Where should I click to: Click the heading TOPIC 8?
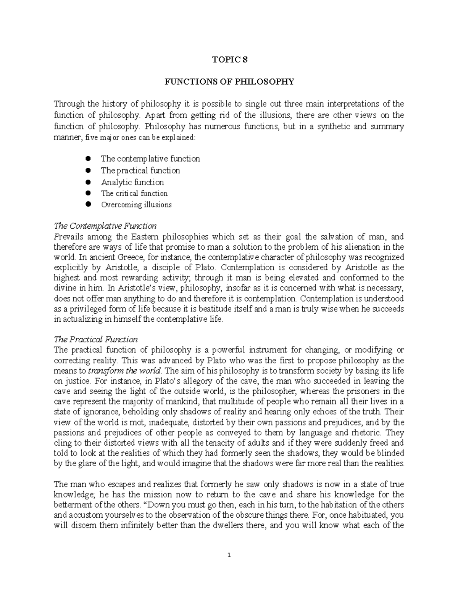click(229, 59)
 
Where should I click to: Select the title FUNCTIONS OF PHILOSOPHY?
click(229, 82)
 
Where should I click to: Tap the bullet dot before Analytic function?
click(88, 182)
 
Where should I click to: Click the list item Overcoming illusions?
click(136, 205)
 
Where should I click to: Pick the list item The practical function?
click(140, 170)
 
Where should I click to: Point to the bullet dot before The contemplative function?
click(88, 159)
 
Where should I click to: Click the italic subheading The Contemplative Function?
click(105, 226)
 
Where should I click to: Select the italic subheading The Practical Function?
click(96, 339)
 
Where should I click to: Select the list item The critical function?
click(134, 193)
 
